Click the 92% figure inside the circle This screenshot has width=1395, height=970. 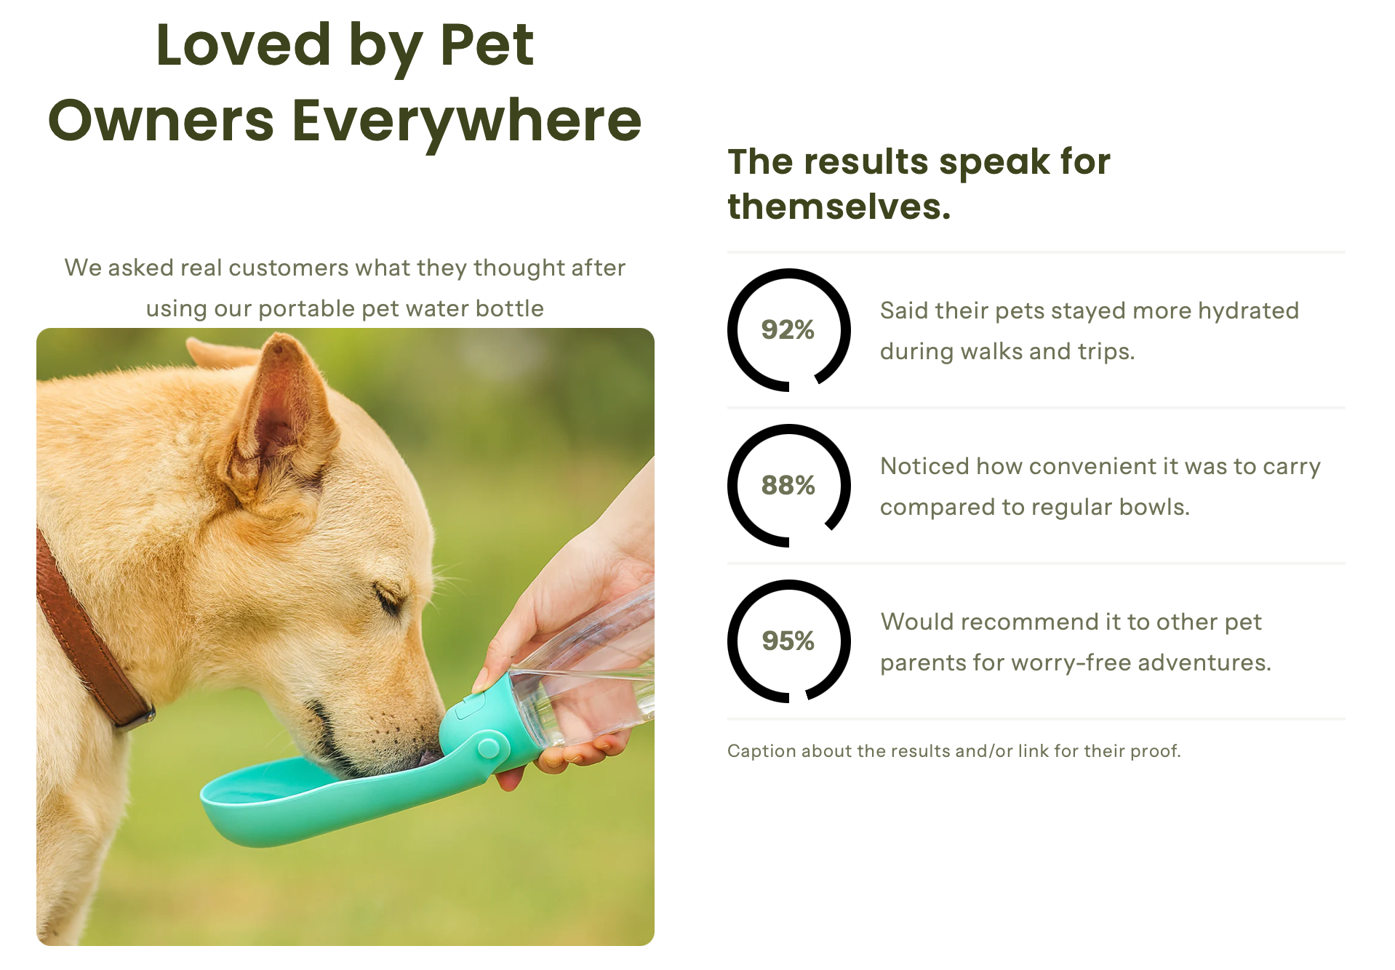[x=788, y=329]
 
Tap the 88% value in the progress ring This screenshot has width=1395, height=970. [x=788, y=485]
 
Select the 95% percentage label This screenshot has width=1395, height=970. [x=788, y=641]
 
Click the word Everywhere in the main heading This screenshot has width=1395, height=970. [x=467, y=121]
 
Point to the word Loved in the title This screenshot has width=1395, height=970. [x=244, y=45]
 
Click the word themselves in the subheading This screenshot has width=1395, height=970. [x=839, y=207]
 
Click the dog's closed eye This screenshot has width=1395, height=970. [x=388, y=598]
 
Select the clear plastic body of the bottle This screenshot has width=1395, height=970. [x=589, y=676]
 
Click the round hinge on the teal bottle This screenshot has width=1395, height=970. [x=488, y=747]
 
